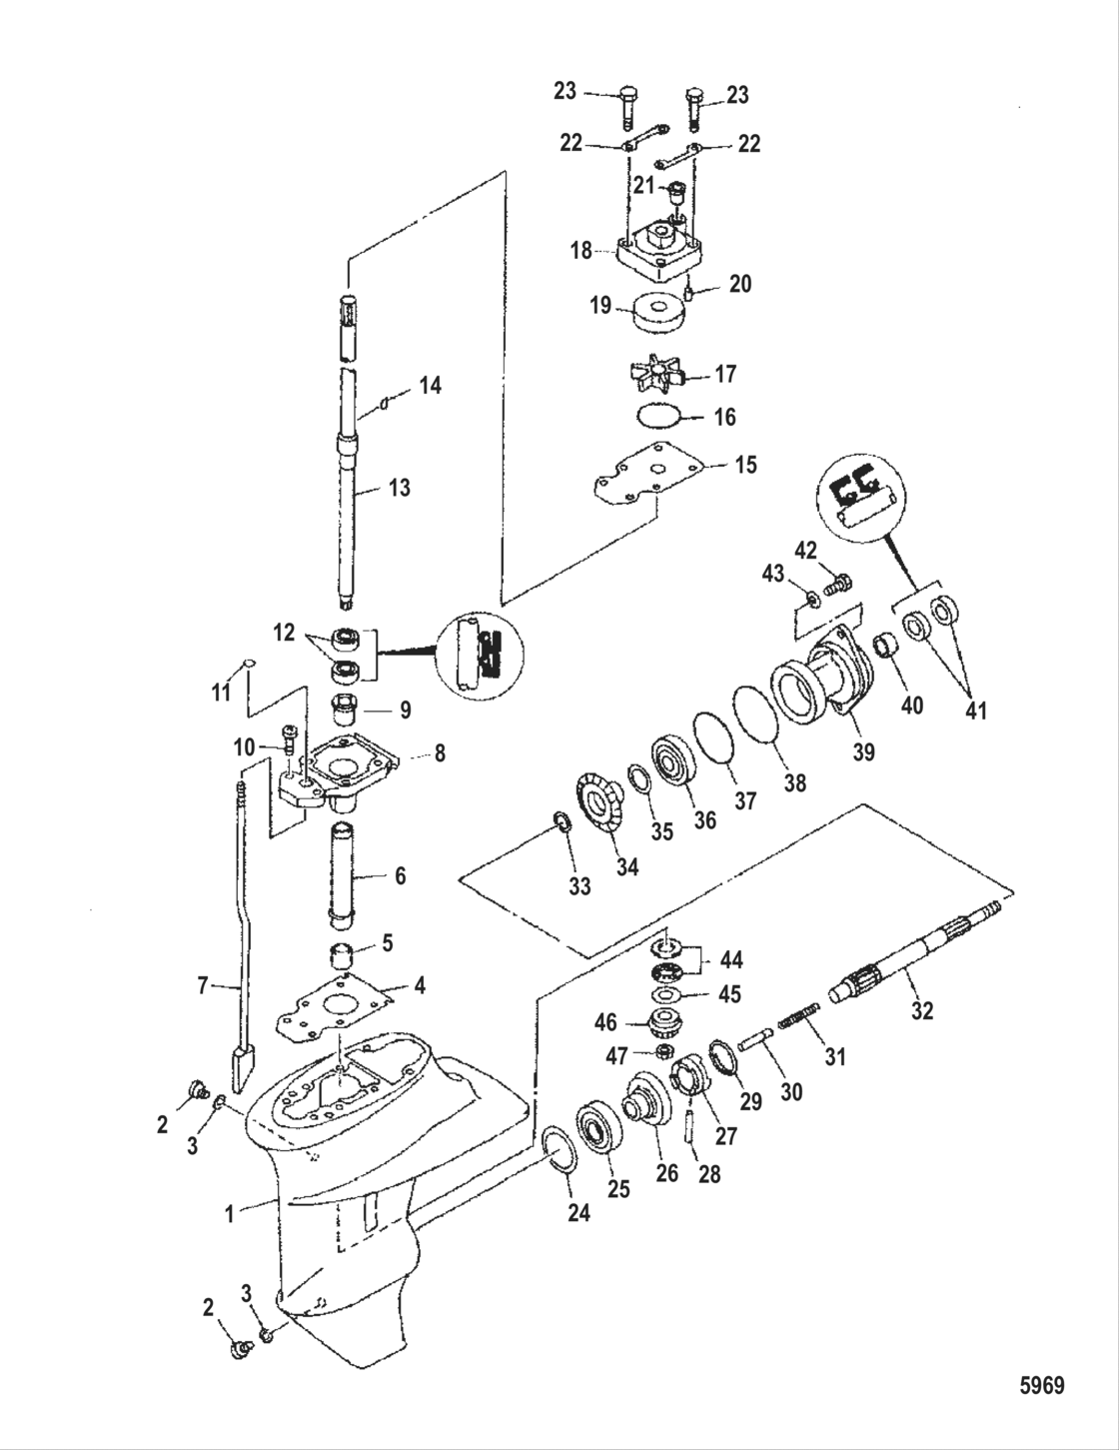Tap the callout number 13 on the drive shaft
click(398, 488)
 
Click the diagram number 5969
click(1042, 1386)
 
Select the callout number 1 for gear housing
click(229, 1213)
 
